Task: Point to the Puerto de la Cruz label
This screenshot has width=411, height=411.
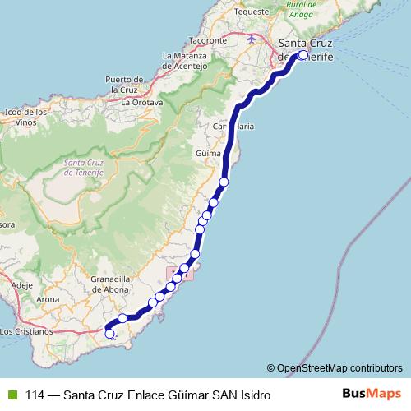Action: tap(125, 83)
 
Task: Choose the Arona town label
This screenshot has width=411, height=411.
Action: tap(48, 299)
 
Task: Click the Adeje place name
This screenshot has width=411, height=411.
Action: tap(22, 284)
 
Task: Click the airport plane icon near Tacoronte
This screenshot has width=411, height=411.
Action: tap(251, 38)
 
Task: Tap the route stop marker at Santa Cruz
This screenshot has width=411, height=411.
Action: tap(303, 56)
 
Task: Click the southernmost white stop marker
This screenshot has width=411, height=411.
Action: tap(110, 333)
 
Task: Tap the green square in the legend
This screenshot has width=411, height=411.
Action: tap(12, 394)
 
